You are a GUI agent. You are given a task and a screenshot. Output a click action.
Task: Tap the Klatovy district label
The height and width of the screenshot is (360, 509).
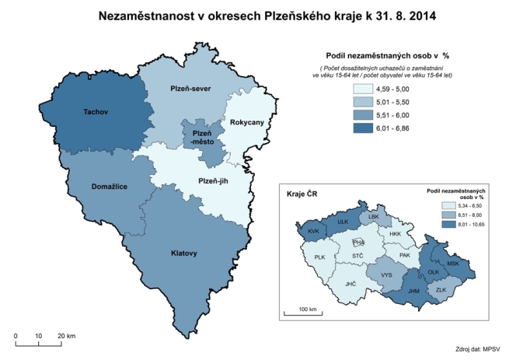(184, 253)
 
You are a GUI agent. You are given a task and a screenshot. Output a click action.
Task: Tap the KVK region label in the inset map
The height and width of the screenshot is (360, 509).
(314, 231)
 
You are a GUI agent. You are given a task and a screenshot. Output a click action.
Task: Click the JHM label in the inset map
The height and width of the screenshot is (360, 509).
(413, 292)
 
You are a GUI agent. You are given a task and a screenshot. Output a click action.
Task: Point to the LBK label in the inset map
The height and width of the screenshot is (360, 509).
(374, 217)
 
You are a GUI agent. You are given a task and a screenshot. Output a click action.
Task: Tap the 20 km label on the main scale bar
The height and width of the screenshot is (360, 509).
(65, 336)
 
